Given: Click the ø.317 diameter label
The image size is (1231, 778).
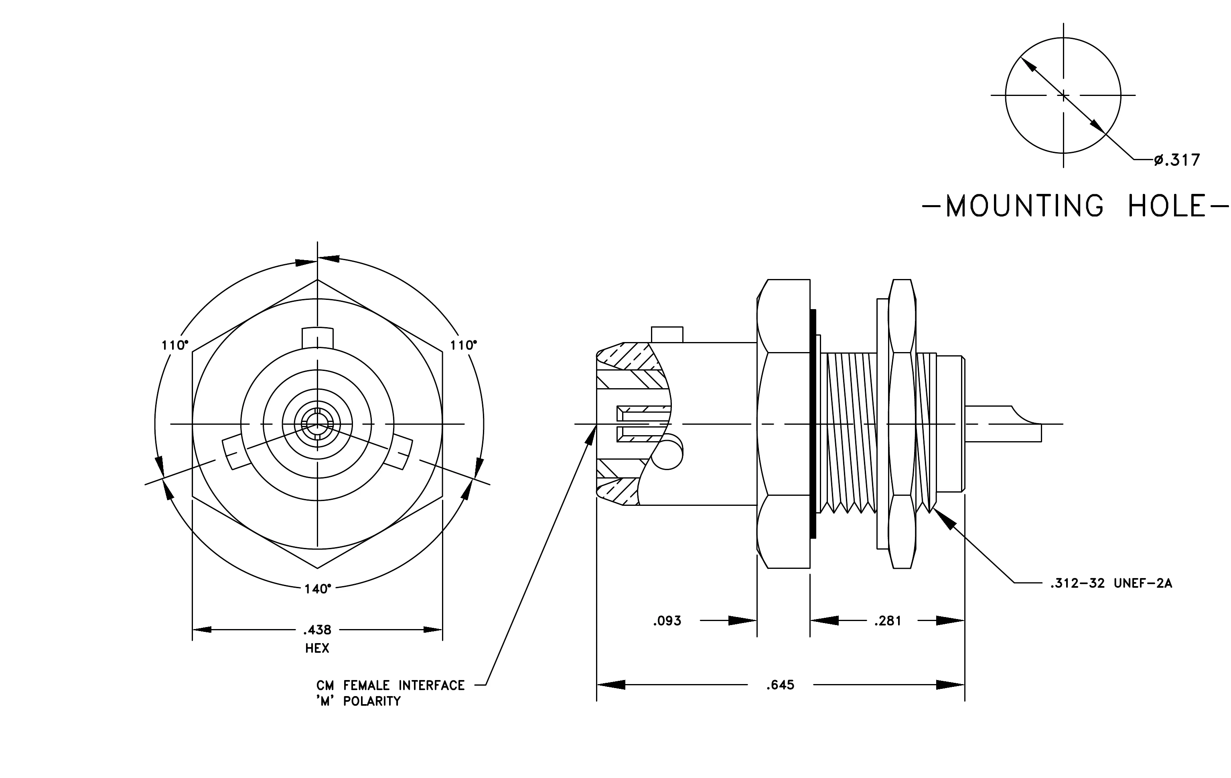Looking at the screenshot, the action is tap(1176, 160).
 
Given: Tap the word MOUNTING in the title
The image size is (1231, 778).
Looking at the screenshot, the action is tap(1024, 206).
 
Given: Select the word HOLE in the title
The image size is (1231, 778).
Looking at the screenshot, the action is tap(1168, 206).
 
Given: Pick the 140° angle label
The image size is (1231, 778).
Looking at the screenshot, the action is tap(317, 589).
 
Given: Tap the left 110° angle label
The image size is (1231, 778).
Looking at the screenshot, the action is tap(175, 345).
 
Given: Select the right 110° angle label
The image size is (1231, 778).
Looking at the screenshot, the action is tap(463, 345).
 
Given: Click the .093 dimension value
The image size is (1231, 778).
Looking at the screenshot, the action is tap(667, 621).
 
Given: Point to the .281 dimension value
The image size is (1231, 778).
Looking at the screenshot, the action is tap(888, 621).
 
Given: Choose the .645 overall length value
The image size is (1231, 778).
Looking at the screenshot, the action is tap(780, 685).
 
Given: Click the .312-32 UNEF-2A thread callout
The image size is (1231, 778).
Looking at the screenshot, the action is tap(1111, 583).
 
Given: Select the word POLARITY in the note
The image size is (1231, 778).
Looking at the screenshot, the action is tap(372, 701).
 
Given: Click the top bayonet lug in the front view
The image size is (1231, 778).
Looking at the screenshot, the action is tap(317, 338).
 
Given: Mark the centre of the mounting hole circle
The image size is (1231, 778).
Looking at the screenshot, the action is tap(1063, 95).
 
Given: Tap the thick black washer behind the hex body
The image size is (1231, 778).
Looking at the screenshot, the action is tap(813, 424).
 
